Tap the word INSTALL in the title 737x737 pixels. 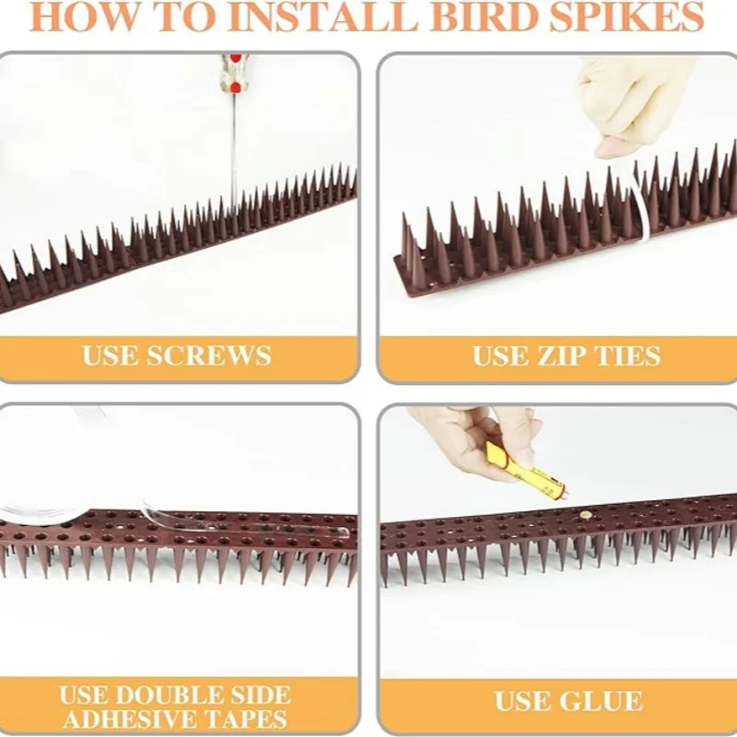325,18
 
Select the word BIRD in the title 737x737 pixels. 484,18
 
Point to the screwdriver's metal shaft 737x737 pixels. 233,150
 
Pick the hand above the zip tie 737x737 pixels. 625,103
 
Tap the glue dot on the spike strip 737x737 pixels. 585,516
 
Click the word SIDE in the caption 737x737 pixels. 268,695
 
